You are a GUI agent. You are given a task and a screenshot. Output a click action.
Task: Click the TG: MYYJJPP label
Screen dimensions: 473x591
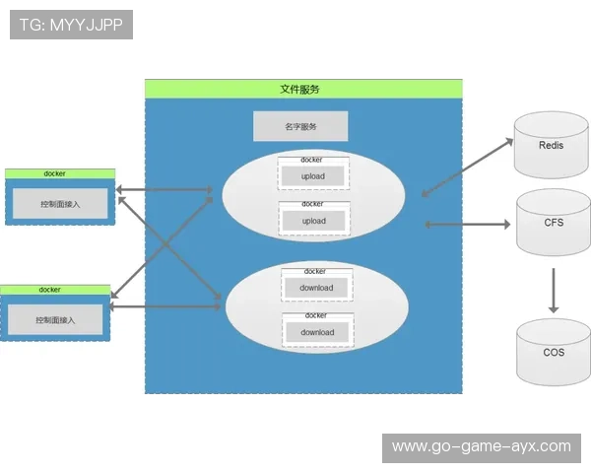71,25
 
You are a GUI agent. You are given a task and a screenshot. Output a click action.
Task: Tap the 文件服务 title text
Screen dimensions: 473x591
299,89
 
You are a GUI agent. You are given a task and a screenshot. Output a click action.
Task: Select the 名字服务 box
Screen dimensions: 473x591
300,126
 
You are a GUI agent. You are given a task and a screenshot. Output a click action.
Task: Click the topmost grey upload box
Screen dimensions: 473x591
313,176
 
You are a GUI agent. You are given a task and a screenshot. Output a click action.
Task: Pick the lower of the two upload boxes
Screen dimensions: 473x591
313,221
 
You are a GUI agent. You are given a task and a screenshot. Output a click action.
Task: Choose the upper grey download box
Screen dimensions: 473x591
317,288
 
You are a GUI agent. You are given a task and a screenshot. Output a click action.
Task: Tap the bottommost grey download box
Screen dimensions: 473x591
317,332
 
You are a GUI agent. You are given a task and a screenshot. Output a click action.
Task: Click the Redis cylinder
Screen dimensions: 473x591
552,146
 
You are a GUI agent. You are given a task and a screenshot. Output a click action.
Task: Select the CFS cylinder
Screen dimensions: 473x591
554,223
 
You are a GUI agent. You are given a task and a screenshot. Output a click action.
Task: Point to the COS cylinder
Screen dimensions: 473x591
554,352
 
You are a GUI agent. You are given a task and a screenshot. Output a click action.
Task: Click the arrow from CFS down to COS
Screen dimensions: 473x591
554,290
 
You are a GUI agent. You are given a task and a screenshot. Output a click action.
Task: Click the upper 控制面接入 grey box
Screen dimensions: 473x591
60,204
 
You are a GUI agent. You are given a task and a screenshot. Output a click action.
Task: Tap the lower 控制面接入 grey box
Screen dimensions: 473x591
55,320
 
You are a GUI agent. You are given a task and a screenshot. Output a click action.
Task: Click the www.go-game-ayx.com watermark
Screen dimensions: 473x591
481,446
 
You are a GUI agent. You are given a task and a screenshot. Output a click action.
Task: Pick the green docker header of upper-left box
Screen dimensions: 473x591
60,173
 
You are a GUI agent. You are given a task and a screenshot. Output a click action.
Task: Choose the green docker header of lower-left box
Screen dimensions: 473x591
55,290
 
